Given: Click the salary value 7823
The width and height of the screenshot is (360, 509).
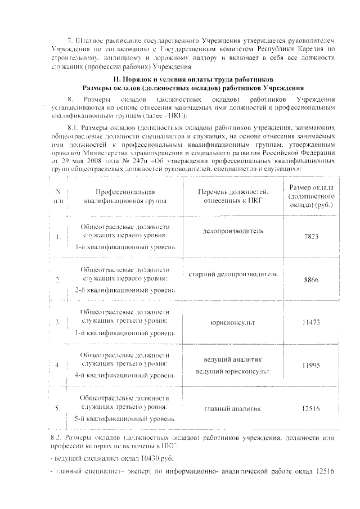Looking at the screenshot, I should coord(310,237).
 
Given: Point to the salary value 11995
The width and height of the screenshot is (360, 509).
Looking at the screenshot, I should coord(310,365).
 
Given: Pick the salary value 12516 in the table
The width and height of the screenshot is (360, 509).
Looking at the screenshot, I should coord(310,408).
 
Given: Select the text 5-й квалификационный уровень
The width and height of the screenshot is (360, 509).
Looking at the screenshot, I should coord(125,418).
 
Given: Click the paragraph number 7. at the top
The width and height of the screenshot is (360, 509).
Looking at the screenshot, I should coord(70,42).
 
